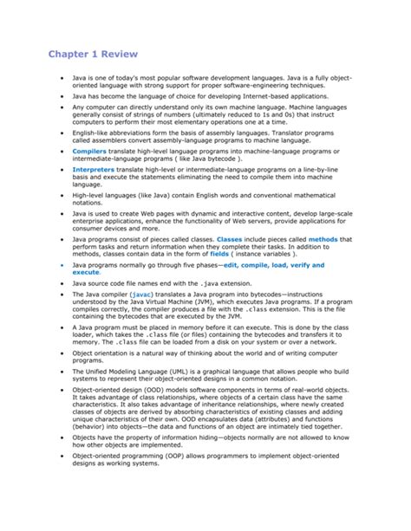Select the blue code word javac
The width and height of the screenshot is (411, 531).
tap(142, 295)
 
